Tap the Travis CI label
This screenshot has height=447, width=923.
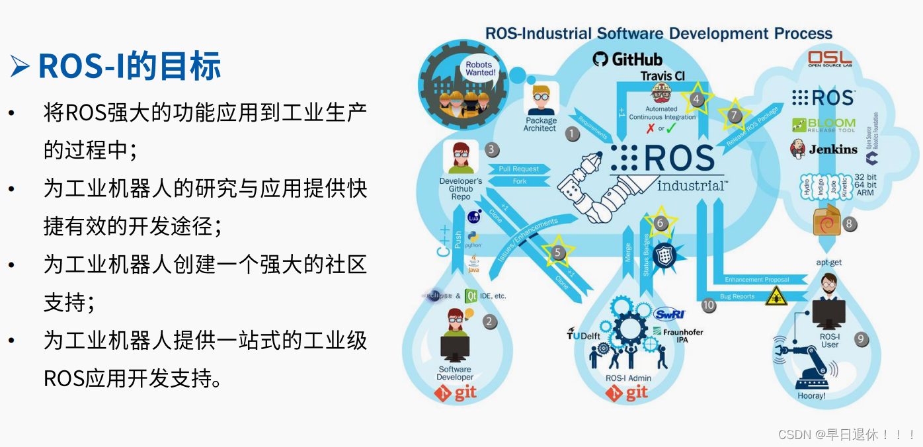662,76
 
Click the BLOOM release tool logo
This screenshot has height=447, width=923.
824,125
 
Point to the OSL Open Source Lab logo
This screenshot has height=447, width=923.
829,59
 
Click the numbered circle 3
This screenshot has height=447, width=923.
492,149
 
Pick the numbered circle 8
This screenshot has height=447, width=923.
850,224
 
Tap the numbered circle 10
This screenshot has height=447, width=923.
709,305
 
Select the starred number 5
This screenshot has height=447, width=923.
558,252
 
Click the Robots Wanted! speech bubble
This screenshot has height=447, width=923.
480,68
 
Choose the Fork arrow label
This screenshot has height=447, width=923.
520,181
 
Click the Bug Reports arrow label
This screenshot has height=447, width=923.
737,296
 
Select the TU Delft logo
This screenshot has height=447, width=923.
583,334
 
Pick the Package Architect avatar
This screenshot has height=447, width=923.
542,100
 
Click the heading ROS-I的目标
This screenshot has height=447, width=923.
129,67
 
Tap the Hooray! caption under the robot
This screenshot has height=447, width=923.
811,396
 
